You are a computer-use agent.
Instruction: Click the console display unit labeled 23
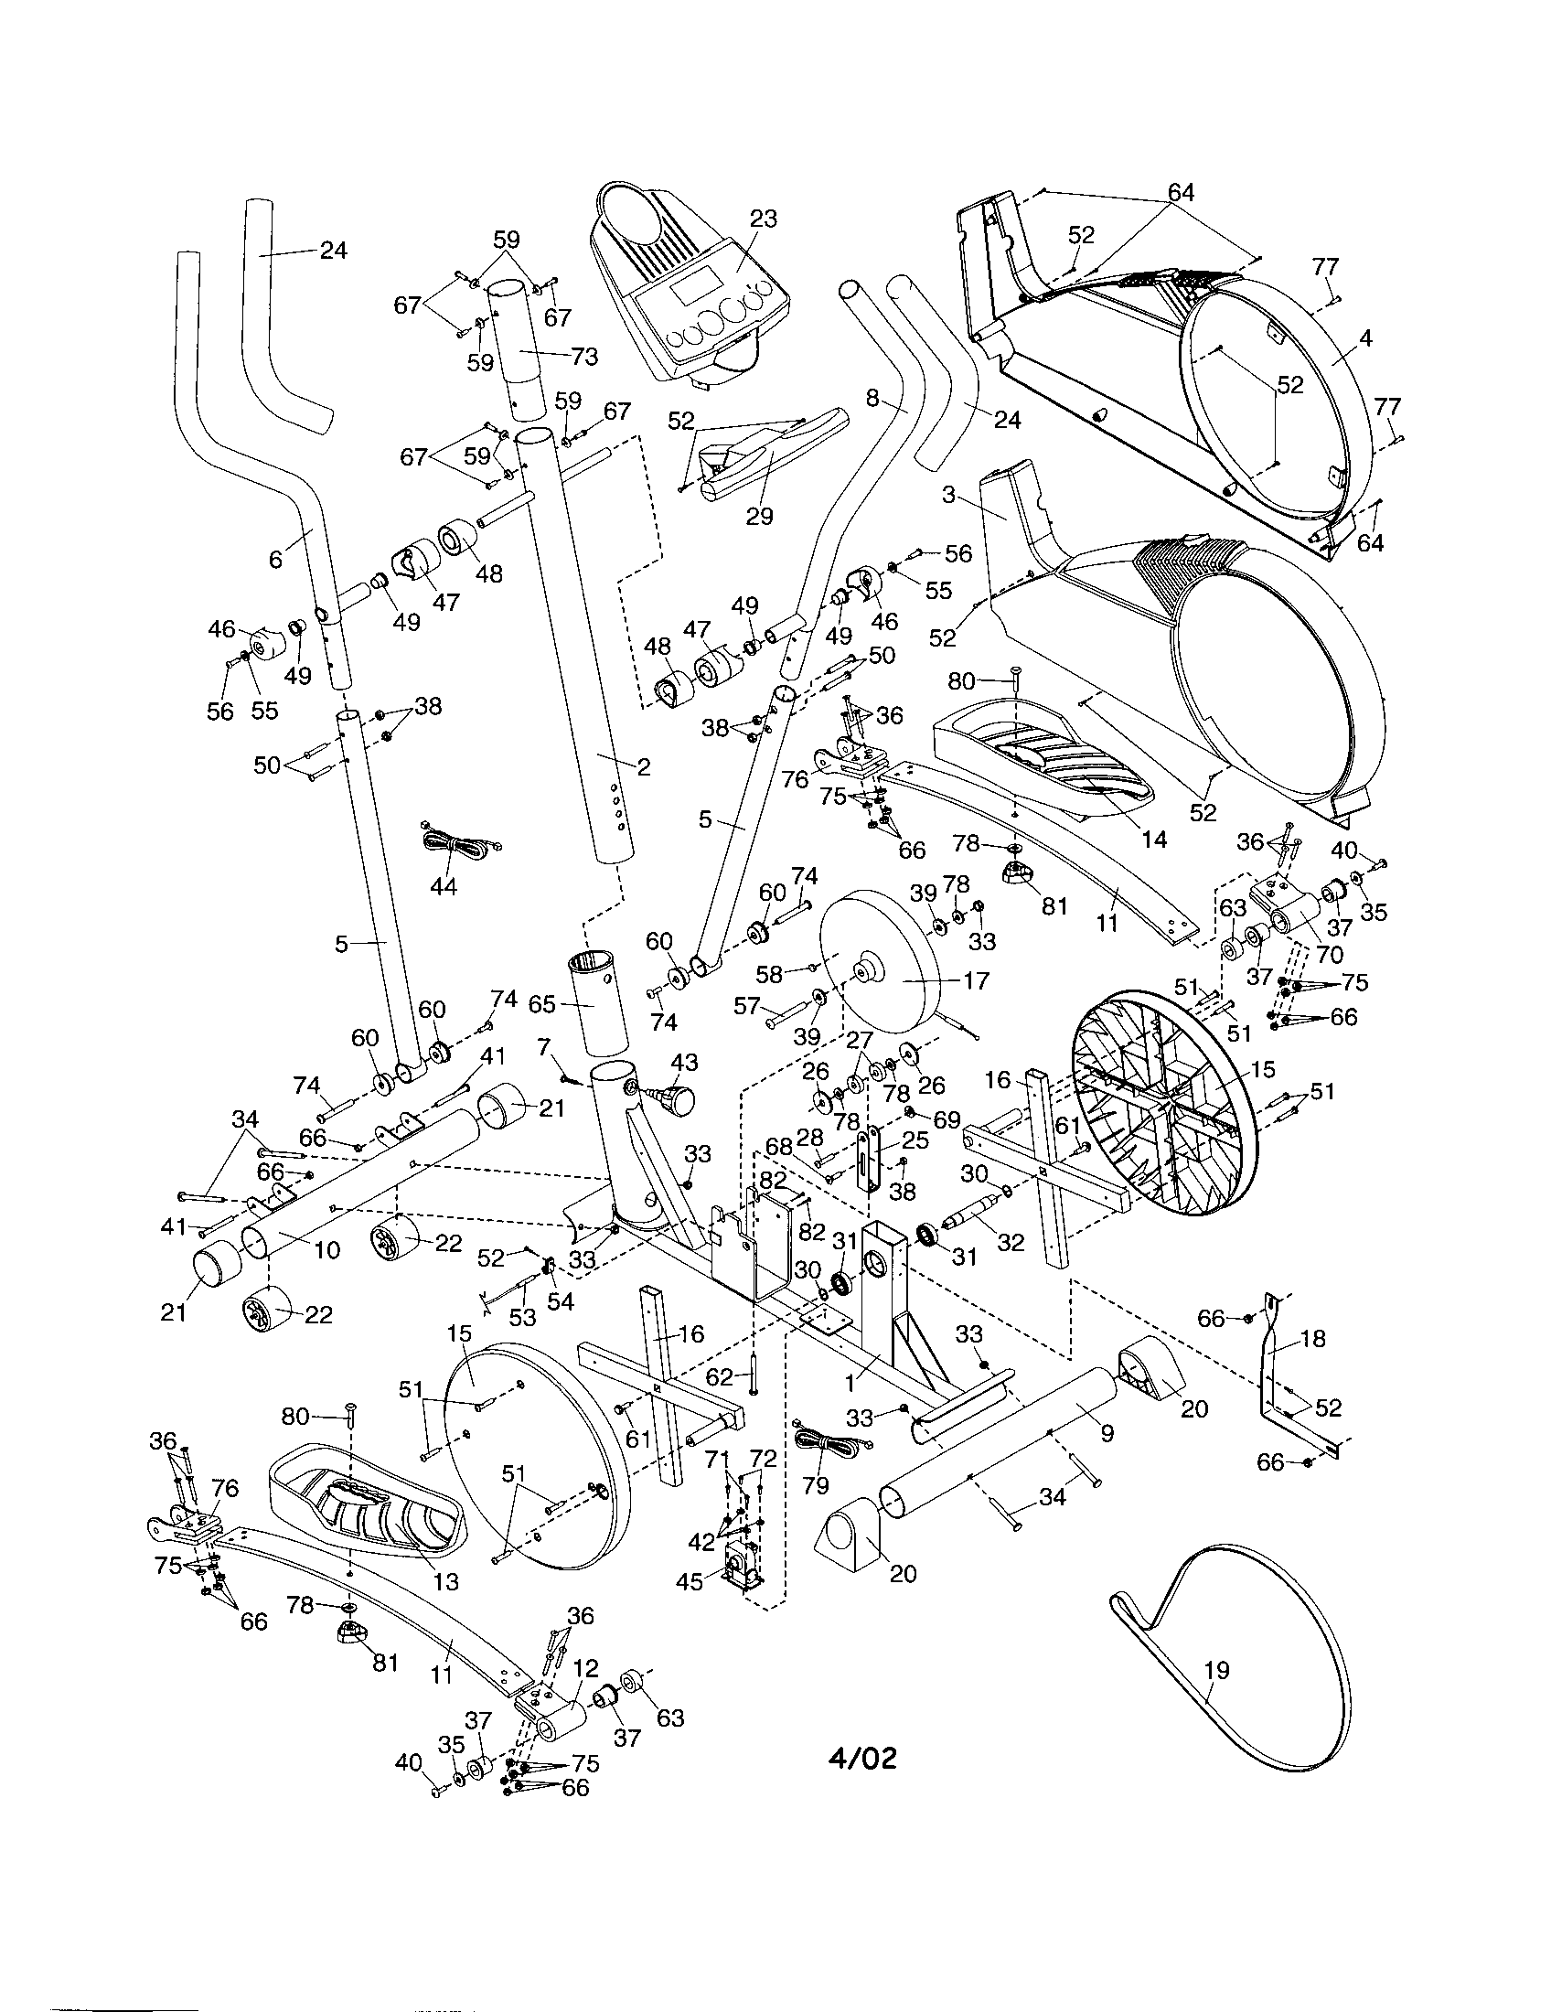[x=690, y=285]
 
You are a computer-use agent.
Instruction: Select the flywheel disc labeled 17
[x=880, y=972]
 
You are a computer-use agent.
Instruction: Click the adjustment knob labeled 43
[x=679, y=1098]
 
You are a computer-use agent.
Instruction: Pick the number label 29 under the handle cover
[x=759, y=516]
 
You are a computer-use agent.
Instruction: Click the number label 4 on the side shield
[x=1366, y=338]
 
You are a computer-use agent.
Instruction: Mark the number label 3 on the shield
[x=947, y=495]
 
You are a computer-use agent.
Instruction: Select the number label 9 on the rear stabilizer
[x=1107, y=1433]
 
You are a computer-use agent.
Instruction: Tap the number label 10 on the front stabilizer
[x=327, y=1249]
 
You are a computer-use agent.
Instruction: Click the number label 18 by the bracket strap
[x=1312, y=1339]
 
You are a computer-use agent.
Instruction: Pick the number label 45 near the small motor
[x=690, y=1581]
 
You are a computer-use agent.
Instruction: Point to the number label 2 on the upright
[x=643, y=766]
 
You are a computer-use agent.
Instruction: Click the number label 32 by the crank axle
[x=1011, y=1243]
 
